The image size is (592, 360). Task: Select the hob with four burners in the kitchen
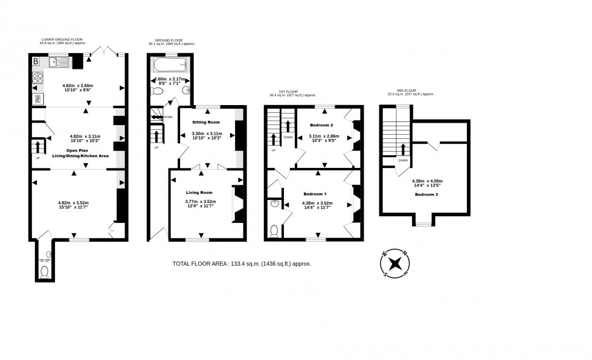coord(37,78)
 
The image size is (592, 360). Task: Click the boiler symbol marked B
coord(36,60)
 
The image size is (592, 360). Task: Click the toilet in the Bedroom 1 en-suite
coord(275,230)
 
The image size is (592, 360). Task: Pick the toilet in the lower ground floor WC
coord(43,272)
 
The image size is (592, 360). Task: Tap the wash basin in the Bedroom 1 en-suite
coord(275,204)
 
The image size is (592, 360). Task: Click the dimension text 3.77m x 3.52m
coord(199,202)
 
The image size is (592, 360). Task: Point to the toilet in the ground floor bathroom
coord(157,91)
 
